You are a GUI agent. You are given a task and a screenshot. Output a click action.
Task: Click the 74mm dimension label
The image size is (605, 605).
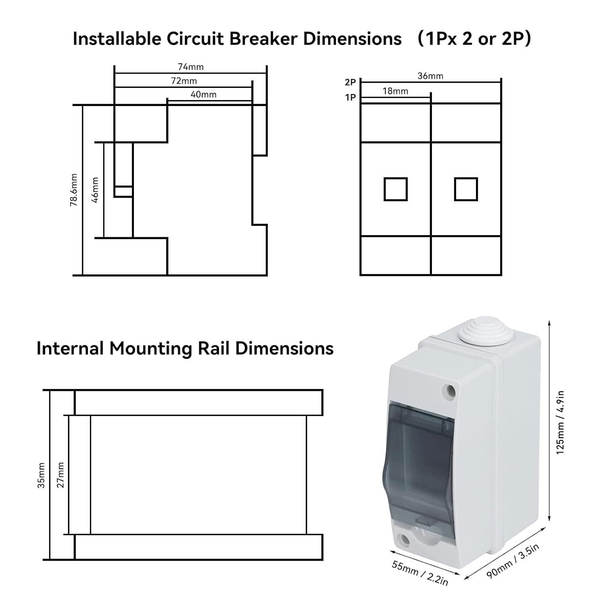tap(190, 67)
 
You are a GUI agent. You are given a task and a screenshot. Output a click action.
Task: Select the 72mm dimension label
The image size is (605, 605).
tap(184, 81)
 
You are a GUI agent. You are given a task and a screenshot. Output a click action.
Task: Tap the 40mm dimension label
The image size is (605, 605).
tap(203, 94)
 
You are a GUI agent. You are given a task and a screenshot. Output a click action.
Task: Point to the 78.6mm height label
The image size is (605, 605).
tap(74, 190)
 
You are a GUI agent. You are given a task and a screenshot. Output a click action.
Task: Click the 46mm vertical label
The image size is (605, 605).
tap(95, 190)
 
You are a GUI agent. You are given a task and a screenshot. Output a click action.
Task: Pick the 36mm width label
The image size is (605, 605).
tap(430, 76)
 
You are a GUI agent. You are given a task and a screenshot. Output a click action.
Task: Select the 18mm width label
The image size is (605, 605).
tap(395, 91)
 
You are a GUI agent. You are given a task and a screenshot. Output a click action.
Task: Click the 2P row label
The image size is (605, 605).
tap(350, 82)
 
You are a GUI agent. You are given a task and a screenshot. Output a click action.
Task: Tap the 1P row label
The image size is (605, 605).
tap(350, 97)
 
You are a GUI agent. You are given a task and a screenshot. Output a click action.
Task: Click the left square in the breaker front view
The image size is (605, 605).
tap(395, 189)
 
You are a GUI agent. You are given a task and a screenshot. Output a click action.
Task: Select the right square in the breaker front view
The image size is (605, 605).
tap(466, 189)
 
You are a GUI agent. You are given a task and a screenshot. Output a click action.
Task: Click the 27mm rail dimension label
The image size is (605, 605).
tap(61, 475)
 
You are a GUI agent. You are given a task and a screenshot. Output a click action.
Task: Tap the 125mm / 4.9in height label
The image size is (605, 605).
tap(561, 422)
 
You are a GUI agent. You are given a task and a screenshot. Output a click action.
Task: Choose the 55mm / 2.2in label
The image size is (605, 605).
tap(420, 573)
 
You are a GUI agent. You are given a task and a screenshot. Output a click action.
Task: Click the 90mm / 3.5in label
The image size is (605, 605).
tap(513, 561)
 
